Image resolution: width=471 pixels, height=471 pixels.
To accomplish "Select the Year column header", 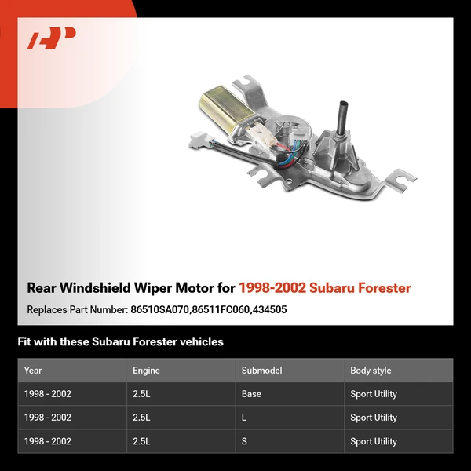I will coord(33,371).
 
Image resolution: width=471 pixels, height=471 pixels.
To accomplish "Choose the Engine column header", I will coord(146,371).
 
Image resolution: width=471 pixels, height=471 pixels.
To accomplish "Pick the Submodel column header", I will coord(261,371).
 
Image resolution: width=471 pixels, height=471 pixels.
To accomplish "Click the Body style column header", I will coord(371,371).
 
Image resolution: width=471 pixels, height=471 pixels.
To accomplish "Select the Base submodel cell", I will coord(251,394).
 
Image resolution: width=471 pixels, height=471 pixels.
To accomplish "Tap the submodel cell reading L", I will coord(244,418).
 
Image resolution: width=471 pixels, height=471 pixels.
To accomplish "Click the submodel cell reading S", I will coord(244,441).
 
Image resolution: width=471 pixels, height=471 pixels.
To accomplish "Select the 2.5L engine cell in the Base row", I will coord(141,394).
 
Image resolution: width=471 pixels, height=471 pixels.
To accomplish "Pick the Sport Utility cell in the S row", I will coord(374,441).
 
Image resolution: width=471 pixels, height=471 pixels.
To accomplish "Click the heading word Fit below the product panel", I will coord(24,341).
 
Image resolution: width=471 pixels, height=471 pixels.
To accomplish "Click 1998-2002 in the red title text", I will coord(272,288).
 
